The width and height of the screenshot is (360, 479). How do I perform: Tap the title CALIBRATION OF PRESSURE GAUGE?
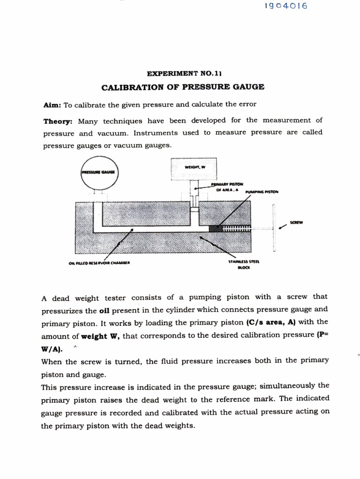pyautogui.click(x=183, y=87)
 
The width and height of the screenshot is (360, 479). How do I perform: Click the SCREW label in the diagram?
pyautogui.click(x=296, y=223)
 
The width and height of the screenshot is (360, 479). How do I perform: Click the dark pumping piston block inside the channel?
pyautogui.click(x=216, y=228)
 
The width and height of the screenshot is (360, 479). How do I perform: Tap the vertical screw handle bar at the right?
pyautogui.click(x=275, y=228)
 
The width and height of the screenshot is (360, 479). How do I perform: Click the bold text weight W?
pyautogui.click(x=101, y=336)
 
